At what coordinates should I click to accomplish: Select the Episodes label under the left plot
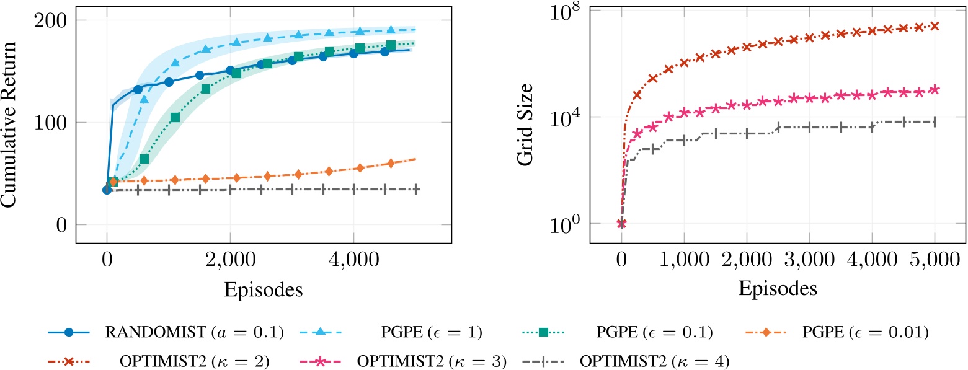[x=263, y=289]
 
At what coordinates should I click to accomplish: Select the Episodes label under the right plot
[x=777, y=289]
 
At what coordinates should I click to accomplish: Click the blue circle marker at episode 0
[x=107, y=190]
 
